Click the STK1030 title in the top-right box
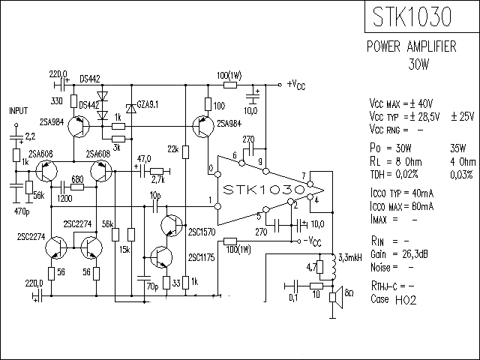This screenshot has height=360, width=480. (422, 17)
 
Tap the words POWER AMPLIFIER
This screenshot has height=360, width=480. (411, 46)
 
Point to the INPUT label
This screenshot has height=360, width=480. (18, 109)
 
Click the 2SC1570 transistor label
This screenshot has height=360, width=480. (202, 232)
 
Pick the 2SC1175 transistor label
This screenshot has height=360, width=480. (202, 258)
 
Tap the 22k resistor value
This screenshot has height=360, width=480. (173, 150)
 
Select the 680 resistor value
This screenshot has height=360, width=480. (76, 179)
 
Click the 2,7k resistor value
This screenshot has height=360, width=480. (157, 181)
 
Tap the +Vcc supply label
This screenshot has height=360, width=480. (296, 84)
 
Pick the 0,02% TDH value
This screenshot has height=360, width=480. (423, 173)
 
